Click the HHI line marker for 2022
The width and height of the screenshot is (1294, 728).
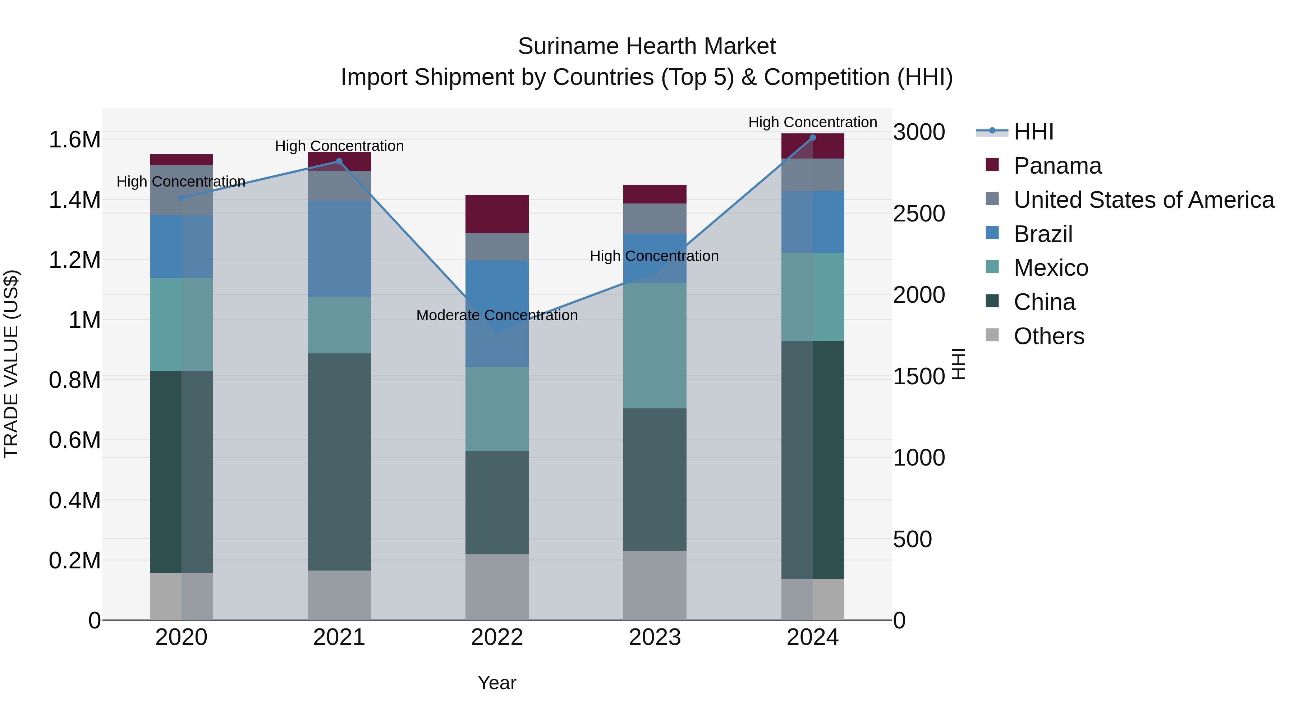pos(497,331)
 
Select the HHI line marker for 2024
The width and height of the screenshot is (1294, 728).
pos(812,138)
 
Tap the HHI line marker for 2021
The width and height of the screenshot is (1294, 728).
pos(339,161)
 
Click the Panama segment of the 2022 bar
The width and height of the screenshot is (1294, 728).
pos(497,214)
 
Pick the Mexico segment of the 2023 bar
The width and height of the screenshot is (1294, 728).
pos(655,345)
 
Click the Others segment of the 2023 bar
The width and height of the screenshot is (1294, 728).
pos(655,585)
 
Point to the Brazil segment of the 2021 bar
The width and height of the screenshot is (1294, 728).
pos(339,249)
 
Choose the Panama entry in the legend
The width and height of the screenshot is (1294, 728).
pos(1057,166)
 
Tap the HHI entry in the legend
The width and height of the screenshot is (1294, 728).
pos(1033,132)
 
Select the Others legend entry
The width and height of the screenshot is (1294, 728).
pos(1048,336)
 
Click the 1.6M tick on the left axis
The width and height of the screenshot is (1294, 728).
pos(75,140)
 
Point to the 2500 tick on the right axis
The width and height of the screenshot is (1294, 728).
pos(919,214)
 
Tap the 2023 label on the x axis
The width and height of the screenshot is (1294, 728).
pos(655,637)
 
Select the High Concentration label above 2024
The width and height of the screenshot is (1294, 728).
pos(812,122)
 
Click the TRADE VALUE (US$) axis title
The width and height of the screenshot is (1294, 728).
pos(11,364)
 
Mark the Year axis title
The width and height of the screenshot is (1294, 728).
pos(497,683)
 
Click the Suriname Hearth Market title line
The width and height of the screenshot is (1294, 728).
pos(647,46)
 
